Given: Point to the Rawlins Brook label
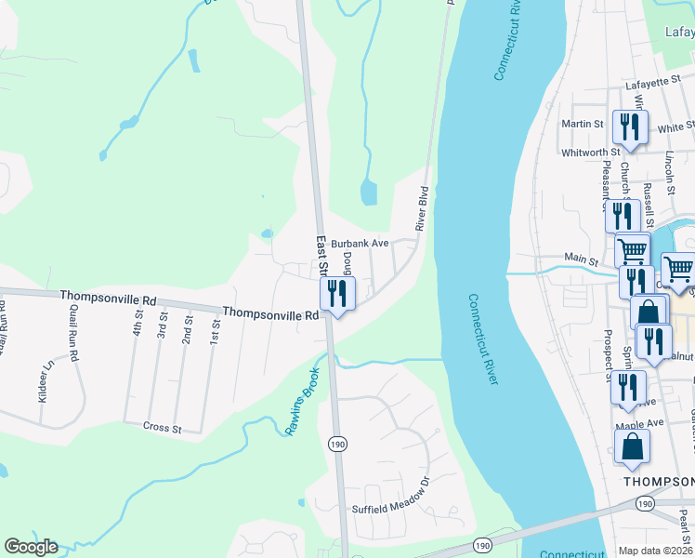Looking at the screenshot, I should click(x=303, y=401).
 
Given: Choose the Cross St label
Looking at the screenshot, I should click(x=161, y=427).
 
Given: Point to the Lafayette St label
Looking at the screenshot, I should click(x=653, y=84).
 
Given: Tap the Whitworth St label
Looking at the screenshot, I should click(x=590, y=152).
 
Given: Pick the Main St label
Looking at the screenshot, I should click(x=581, y=259).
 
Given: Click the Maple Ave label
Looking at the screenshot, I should click(x=639, y=423).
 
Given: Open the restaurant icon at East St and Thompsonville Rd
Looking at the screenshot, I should click(x=337, y=294).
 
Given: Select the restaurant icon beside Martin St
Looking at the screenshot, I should click(x=631, y=126).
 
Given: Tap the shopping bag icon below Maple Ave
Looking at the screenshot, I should click(x=633, y=446).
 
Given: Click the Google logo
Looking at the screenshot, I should click(x=31, y=547).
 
